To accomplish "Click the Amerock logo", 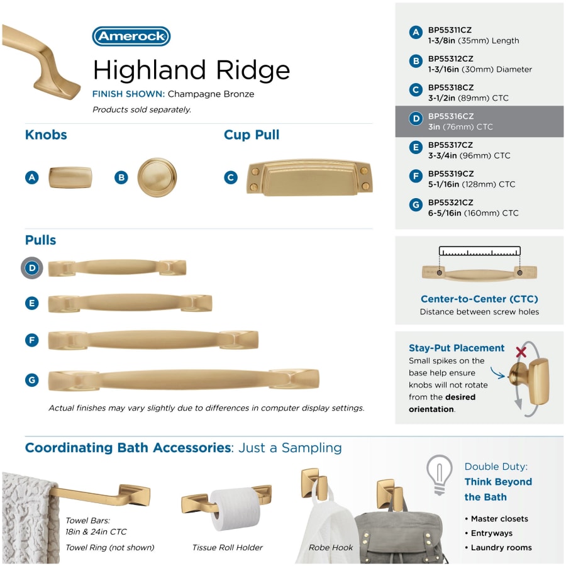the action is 131,36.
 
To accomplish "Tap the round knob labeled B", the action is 157,177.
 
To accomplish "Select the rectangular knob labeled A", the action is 70,177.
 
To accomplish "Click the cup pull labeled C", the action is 309,177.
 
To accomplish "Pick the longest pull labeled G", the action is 184,380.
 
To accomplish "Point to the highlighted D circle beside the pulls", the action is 32,268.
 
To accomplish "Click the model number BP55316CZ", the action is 451,116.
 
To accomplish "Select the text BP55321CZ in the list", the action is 450,203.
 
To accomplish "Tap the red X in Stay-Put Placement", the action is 521,352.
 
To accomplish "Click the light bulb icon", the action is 440,475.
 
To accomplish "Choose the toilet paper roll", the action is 235,509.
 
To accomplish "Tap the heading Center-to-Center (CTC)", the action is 479,299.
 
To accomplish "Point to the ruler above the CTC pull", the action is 480,251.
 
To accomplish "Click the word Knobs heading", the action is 46,135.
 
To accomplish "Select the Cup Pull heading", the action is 252,135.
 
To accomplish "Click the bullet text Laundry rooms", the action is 501,548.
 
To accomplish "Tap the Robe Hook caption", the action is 331,548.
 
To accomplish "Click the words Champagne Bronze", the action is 211,94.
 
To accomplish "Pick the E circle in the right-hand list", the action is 416,147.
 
